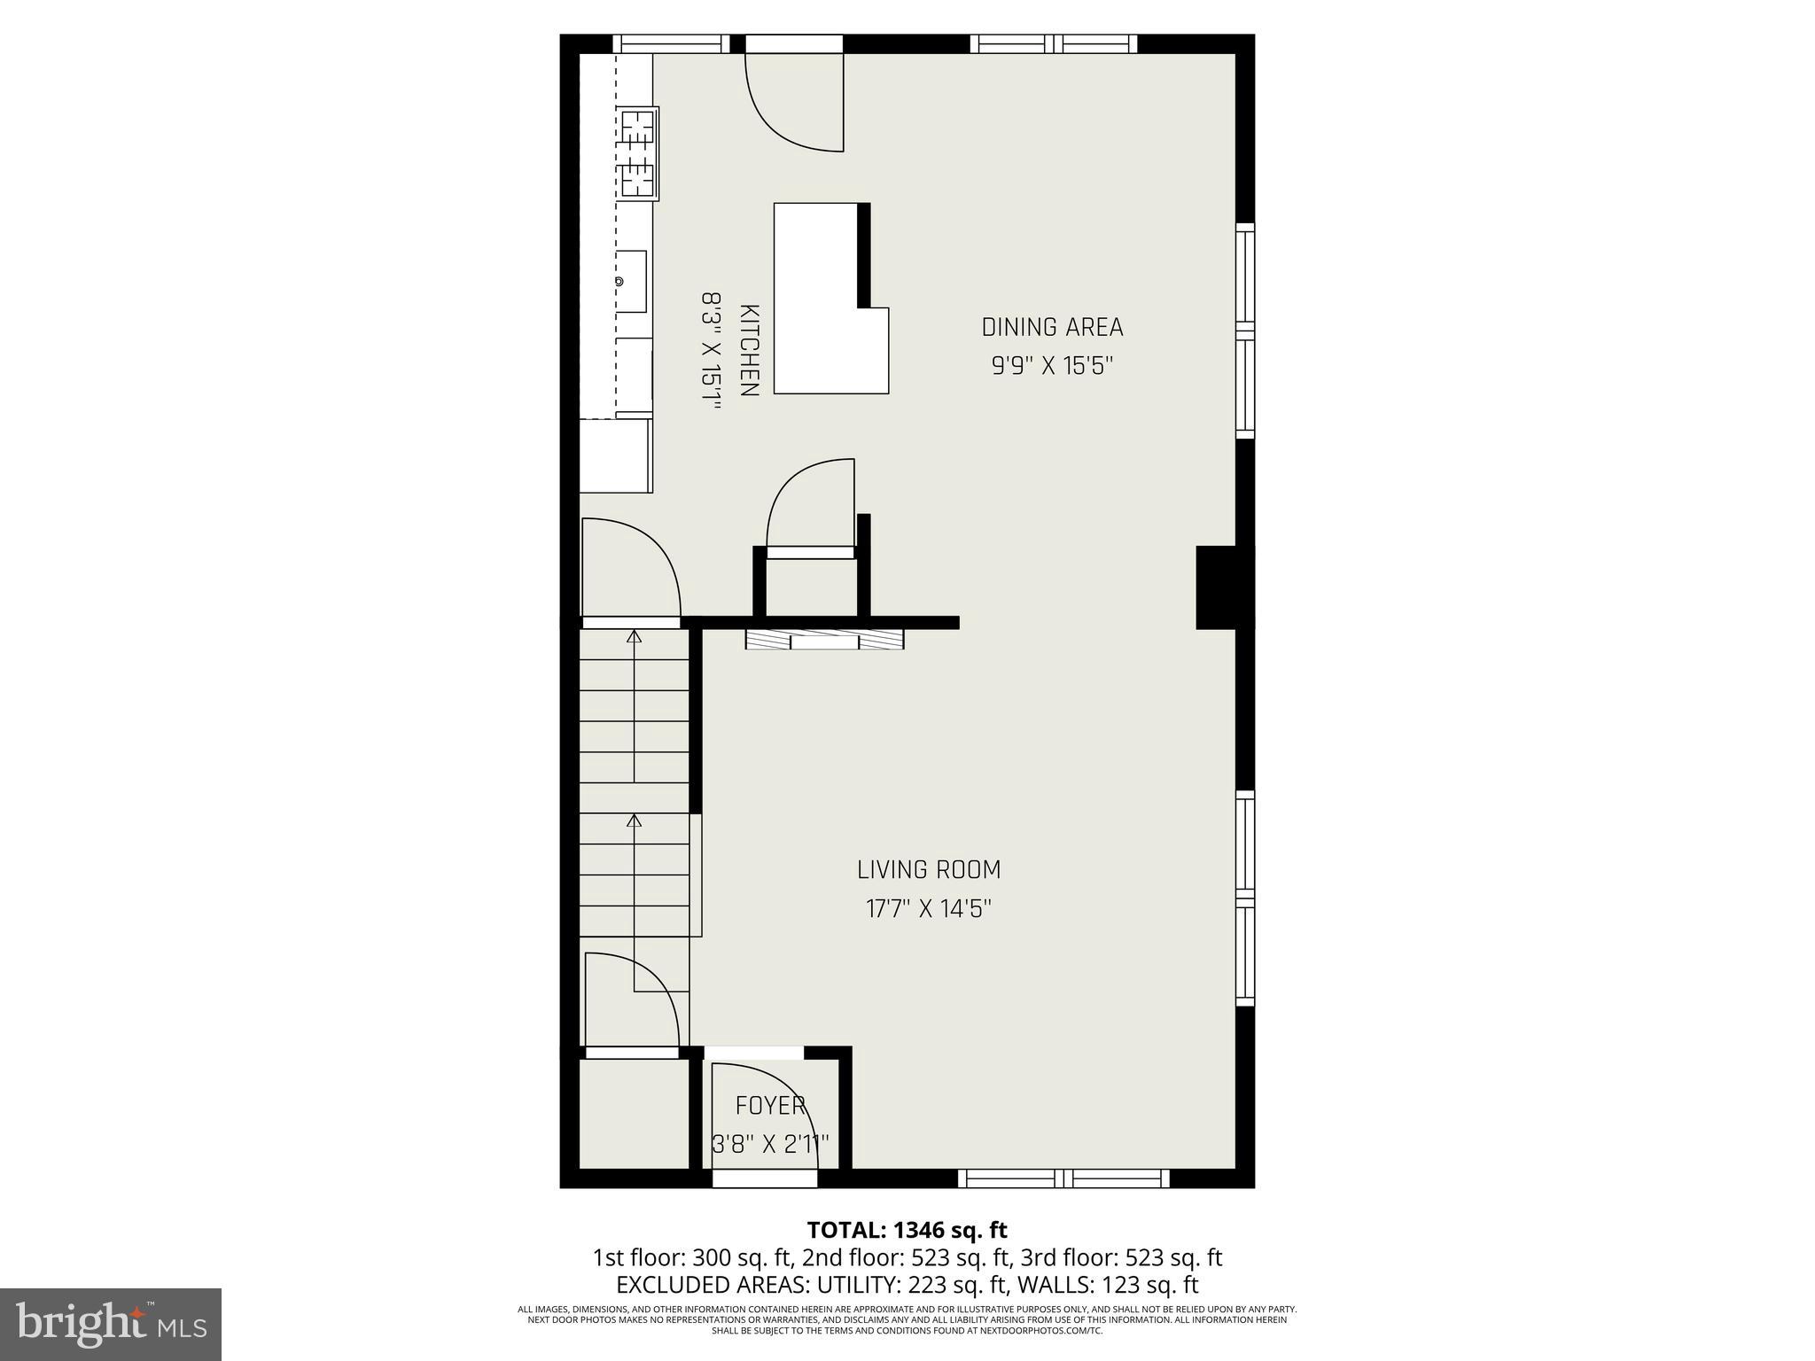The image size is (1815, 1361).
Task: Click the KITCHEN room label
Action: tap(749, 351)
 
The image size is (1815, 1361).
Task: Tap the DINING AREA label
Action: tap(1052, 328)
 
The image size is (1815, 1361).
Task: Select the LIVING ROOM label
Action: tap(929, 870)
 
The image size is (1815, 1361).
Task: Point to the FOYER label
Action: tap(770, 1106)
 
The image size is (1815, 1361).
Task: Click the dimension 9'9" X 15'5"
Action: tap(1052, 366)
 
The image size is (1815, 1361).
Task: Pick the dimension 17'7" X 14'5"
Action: tap(929, 909)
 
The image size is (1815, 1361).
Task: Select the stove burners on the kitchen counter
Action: tap(638, 164)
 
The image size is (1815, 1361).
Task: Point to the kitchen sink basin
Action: tap(631, 281)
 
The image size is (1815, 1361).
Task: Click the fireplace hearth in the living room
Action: tap(824, 640)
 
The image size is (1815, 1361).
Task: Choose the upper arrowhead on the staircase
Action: tap(634, 636)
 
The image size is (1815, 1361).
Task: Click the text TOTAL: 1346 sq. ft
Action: tap(907, 1230)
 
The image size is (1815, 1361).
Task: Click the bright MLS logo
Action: tap(111, 1324)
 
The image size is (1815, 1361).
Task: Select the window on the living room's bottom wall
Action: tap(1063, 1178)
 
